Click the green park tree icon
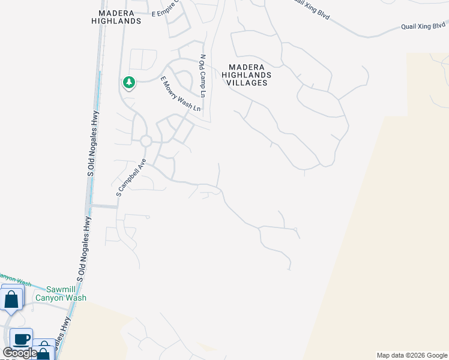click(x=128, y=82)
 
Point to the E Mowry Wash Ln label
click(x=180, y=94)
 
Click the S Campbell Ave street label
click(x=131, y=178)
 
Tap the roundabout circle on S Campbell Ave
click(x=145, y=141)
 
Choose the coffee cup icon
click(x=21, y=338)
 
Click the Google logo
click(x=20, y=353)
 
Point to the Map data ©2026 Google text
click(x=411, y=355)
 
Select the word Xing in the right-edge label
click(x=425, y=26)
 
